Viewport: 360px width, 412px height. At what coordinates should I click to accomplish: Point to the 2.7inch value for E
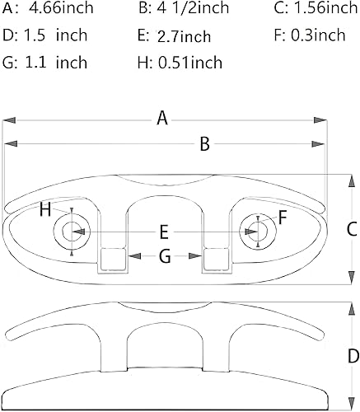[x=183, y=36]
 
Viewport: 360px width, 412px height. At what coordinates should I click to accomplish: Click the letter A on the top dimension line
[x=163, y=119]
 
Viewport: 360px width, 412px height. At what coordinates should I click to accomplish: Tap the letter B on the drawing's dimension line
[x=205, y=144]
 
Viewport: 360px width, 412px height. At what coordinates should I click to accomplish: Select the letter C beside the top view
[x=348, y=228]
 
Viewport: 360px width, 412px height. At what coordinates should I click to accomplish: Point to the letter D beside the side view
[x=352, y=357]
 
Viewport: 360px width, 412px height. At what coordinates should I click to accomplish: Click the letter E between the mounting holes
[x=164, y=232]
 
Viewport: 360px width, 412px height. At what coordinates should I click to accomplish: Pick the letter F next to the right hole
[x=283, y=218]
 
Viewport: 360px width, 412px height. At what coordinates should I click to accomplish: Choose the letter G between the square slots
[x=164, y=257]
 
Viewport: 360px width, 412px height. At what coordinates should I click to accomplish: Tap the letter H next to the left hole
[x=45, y=209]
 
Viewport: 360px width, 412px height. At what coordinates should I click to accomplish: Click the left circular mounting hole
[x=70, y=232]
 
